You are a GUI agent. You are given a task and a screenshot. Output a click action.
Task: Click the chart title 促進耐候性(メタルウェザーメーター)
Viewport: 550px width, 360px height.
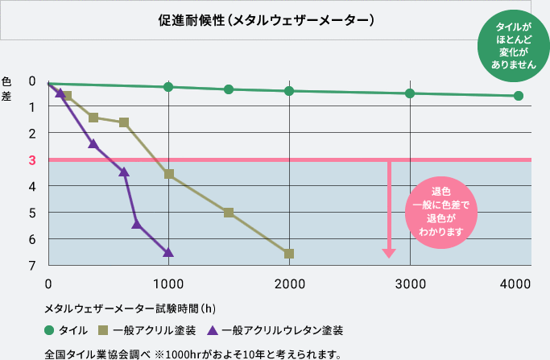click(267, 20)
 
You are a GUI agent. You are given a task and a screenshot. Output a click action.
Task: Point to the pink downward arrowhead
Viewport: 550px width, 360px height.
click(389, 252)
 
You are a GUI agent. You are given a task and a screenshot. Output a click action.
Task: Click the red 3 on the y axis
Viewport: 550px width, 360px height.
click(32, 159)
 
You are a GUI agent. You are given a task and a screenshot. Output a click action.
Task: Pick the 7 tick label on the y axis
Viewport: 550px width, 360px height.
click(32, 265)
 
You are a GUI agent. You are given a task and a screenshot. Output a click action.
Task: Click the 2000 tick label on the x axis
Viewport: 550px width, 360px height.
click(289, 283)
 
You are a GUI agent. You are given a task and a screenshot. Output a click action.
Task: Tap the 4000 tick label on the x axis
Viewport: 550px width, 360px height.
click(515, 283)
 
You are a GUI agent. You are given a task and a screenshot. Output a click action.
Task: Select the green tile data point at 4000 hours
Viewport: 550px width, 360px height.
click(519, 96)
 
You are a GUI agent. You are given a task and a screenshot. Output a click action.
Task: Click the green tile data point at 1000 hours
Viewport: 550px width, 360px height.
click(168, 87)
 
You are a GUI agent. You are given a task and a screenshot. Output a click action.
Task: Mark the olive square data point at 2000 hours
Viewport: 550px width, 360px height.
click(289, 254)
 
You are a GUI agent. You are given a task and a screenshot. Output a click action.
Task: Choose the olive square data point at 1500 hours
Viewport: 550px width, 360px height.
click(229, 213)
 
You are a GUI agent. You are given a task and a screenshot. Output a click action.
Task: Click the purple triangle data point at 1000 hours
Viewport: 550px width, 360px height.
click(168, 252)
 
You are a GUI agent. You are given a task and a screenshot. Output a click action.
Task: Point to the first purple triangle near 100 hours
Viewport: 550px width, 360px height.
click(60, 93)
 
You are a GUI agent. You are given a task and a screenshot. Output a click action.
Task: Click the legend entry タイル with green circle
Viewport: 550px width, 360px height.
click(68, 330)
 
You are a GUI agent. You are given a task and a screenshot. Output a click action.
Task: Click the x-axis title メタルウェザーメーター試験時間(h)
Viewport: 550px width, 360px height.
click(130, 308)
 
